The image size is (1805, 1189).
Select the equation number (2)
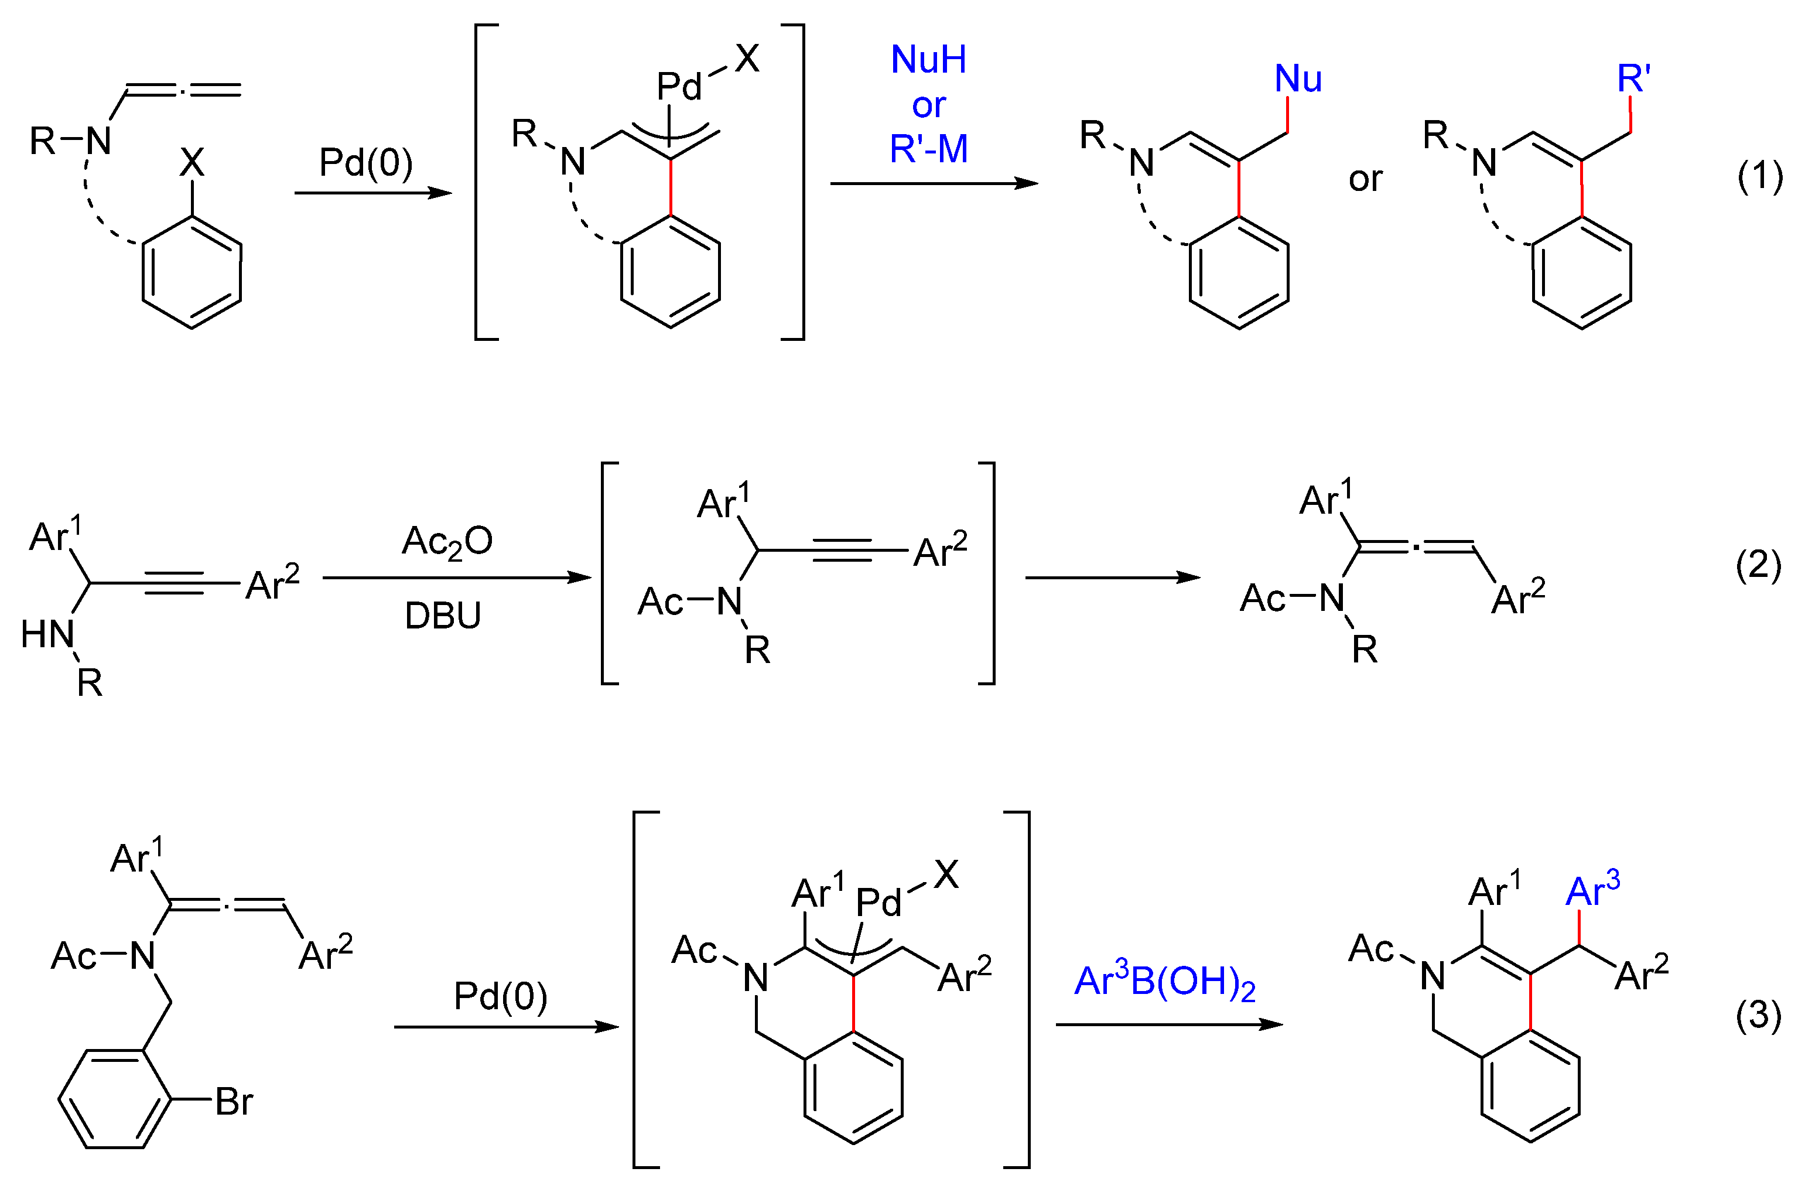(1758, 566)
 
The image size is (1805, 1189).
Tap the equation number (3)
(1758, 1016)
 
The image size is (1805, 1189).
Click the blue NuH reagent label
(928, 60)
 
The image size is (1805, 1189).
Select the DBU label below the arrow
(443, 615)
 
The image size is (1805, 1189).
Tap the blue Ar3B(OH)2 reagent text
(1165, 982)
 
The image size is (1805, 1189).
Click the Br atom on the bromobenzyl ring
(234, 1102)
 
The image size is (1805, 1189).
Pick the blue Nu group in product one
(1298, 79)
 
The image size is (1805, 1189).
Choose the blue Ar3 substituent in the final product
(1592, 891)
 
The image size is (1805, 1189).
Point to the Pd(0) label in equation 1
(365, 162)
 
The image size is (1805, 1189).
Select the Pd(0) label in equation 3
(501, 996)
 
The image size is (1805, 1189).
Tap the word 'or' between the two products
(1365, 179)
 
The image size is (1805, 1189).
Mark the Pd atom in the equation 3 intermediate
(878, 903)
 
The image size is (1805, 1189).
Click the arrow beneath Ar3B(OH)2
(1168, 1024)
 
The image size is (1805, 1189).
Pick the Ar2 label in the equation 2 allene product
(1517, 599)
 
